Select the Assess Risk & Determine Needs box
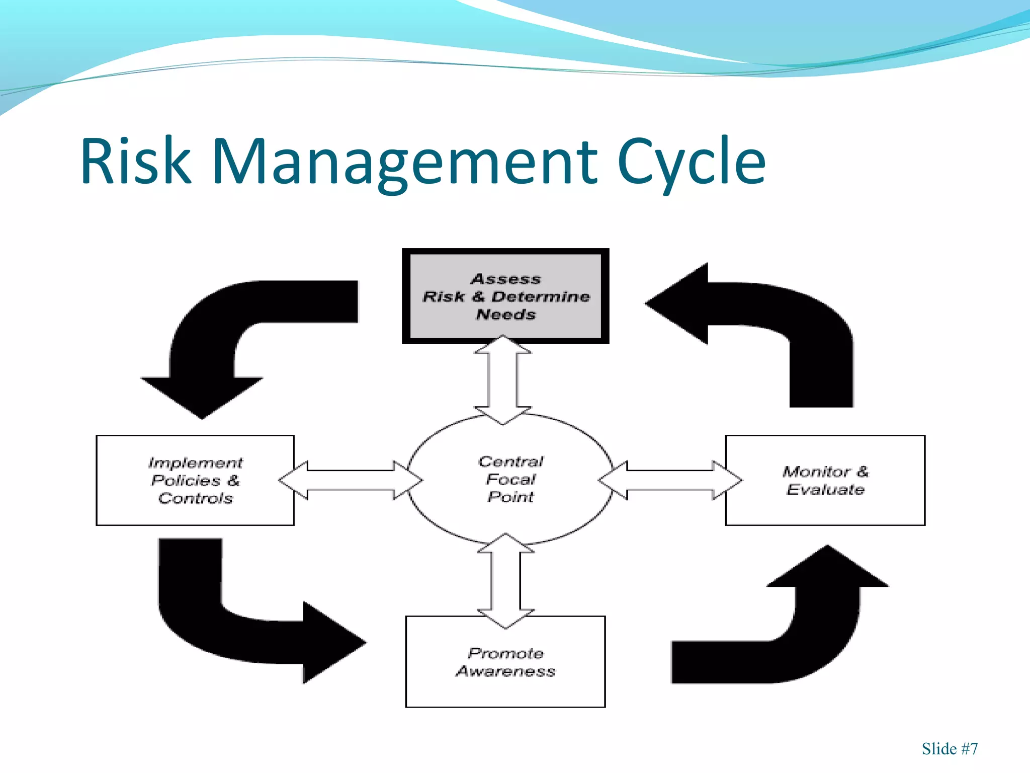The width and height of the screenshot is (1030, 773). (x=505, y=296)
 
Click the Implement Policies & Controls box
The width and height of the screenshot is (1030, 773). (x=195, y=480)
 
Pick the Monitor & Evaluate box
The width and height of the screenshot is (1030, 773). (x=825, y=480)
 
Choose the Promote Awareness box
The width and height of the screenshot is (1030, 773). (x=505, y=661)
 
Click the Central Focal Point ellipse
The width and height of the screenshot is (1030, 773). (x=510, y=479)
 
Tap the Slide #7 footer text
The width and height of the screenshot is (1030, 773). (x=950, y=749)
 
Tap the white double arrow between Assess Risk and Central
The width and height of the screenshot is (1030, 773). (x=502, y=380)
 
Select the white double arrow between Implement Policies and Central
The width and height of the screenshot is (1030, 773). (x=350, y=480)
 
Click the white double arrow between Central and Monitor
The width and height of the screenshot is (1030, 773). (x=670, y=480)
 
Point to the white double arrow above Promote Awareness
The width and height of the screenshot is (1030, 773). (x=505, y=581)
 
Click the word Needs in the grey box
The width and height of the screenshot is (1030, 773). (x=506, y=315)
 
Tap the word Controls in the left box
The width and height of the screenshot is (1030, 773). (x=196, y=498)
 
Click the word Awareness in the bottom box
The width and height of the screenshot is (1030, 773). (x=506, y=671)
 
